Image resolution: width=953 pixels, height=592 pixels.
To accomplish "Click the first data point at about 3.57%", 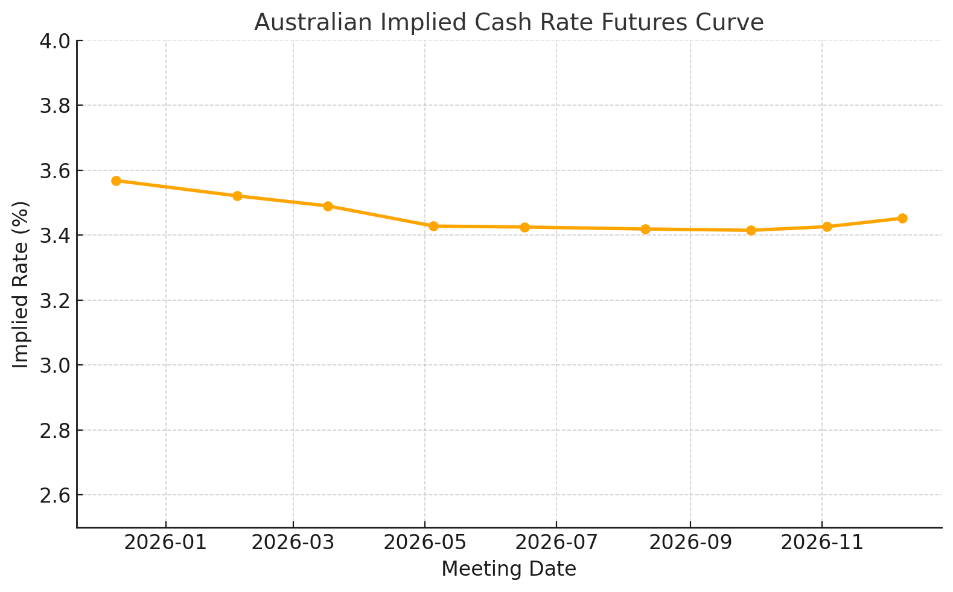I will click(x=116, y=181).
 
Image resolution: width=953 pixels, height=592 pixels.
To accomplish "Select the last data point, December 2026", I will click(x=902, y=218).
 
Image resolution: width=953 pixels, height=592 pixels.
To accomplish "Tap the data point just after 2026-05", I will click(x=433, y=226).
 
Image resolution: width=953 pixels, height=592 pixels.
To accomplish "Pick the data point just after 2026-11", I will click(x=827, y=227).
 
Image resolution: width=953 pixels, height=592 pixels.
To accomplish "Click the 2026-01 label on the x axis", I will click(x=165, y=542).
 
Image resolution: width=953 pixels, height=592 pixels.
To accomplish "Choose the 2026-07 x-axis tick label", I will click(x=556, y=542).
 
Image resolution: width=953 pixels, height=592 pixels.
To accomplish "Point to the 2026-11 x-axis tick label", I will click(x=821, y=542).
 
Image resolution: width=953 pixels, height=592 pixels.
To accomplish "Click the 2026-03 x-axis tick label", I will click(x=293, y=542).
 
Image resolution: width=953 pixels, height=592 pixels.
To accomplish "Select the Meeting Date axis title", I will click(x=509, y=569).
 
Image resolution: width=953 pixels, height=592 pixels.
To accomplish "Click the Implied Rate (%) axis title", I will click(x=21, y=284).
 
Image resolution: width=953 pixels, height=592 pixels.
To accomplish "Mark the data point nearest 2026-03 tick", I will click(x=328, y=206).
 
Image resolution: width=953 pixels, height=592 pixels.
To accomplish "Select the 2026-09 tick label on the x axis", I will click(x=690, y=542).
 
